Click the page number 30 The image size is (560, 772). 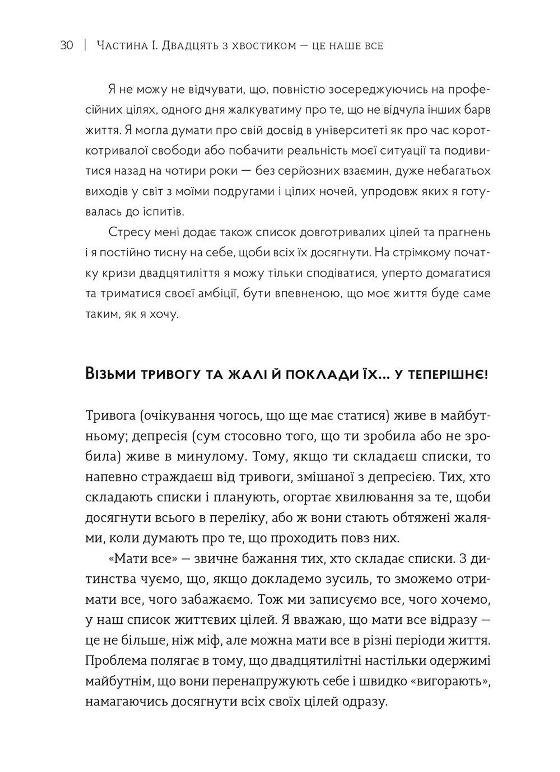click(x=66, y=45)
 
